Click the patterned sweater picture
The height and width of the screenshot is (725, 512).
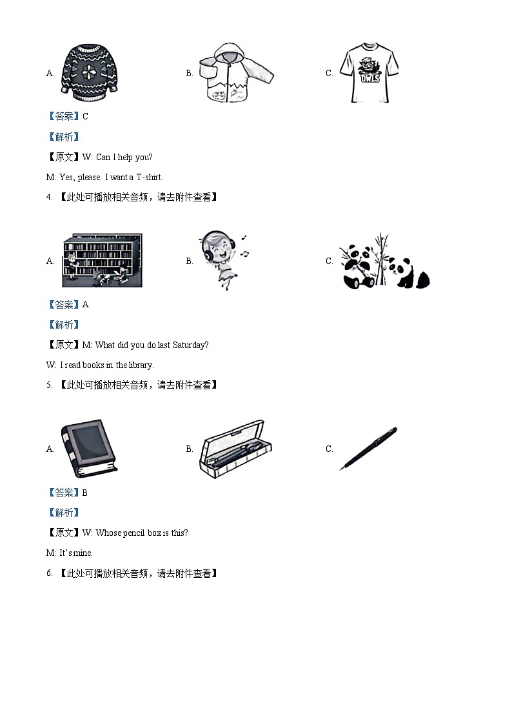[x=90, y=72]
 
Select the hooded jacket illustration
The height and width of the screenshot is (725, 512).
[x=236, y=72]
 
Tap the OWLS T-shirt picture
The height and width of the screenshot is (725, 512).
[x=369, y=73]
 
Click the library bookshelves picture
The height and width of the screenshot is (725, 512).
[x=103, y=260]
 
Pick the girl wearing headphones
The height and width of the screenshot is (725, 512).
[x=223, y=260]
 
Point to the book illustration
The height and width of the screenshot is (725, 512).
[x=89, y=449]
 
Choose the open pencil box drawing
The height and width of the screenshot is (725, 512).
[x=235, y=449]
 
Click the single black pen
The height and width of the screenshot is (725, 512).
[x=368, y=449]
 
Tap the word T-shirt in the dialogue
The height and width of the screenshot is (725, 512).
[x=149, y=177]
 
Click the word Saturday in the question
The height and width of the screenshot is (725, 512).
[x=190, y=345]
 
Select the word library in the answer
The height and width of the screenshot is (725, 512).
[x=141, y=365]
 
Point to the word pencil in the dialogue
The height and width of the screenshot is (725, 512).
[x=133, y=533]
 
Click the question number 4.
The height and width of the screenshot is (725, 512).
[x=49, y=198]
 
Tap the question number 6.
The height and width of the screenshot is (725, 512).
[x=49, y=573]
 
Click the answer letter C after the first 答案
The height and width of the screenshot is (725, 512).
[x=85, y=116]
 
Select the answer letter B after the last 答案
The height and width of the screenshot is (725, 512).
[x=85, y=493]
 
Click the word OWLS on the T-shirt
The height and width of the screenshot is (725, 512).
[x=369, y=78]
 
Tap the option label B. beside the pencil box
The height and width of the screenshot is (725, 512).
[x=190, y=449]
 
